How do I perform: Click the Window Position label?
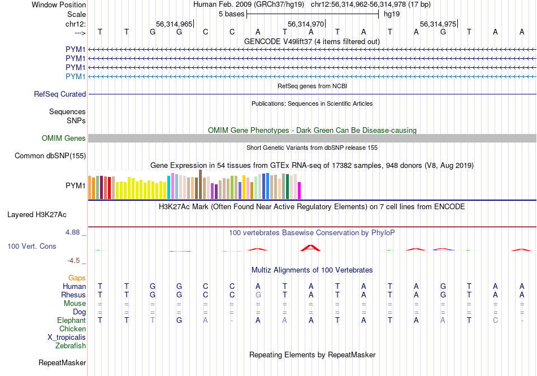point(59,5)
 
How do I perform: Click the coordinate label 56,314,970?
point(306,24)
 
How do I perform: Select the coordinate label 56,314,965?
point(174,24)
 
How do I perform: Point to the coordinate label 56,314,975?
point(438,24)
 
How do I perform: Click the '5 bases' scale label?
point(231,14)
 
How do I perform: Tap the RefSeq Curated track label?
point(60,94)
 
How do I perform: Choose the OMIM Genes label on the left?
point(64,139)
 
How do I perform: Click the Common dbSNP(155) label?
point(50,155)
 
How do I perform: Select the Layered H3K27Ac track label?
point(37,215)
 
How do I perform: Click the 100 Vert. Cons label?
point(32,247)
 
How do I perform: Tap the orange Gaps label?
point(77,278)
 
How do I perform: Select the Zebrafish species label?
point(71,346)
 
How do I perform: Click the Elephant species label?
point(71,321)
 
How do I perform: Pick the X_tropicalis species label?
point(67,338)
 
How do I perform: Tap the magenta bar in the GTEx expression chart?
point(300,191)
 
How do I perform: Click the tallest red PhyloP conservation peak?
point(310,247)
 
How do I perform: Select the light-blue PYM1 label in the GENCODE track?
point(76,76)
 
